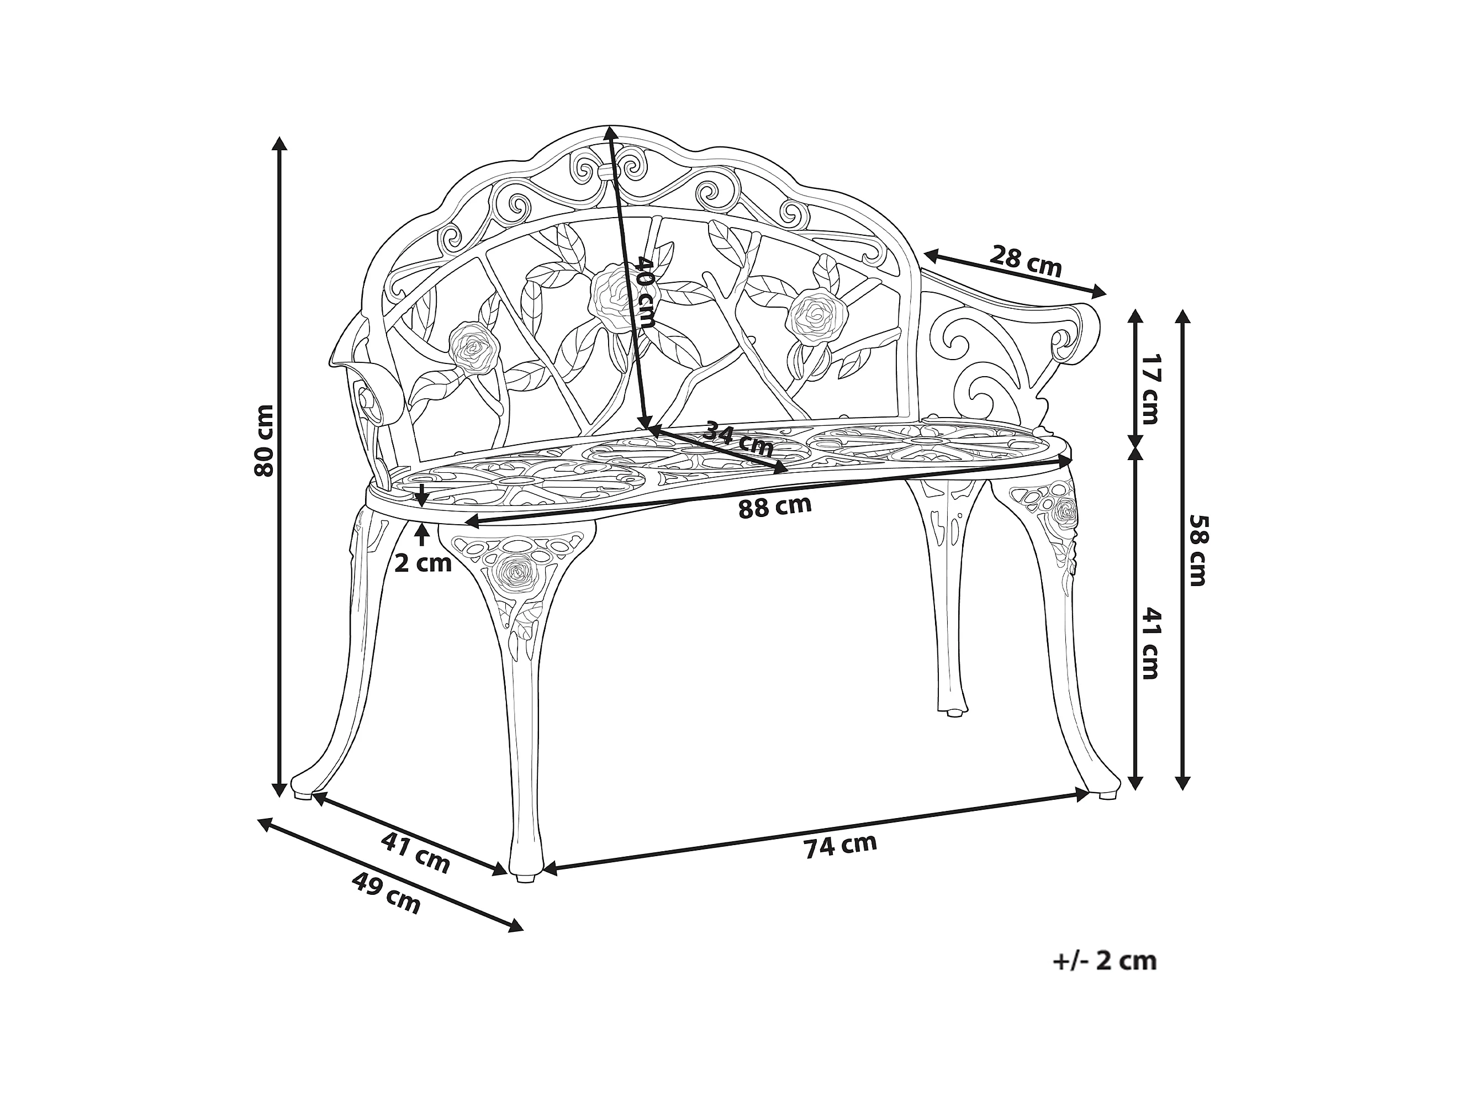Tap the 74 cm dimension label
click(840, 846)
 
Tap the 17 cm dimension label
click(1150, 388)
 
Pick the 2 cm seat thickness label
click(422, 563)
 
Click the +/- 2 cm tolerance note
click(1105, 960)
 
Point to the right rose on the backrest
click(817, 317)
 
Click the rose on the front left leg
click(516, 572)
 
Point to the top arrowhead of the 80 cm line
click(280, 144)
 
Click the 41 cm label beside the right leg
click(1150, 643)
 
